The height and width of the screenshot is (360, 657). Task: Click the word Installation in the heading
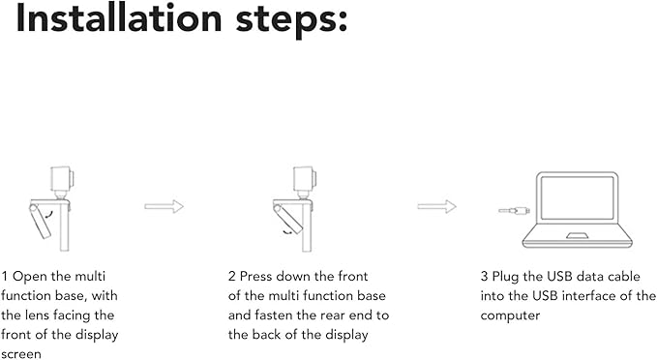pos(119,18)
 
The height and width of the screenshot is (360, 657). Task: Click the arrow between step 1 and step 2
pos(164,206)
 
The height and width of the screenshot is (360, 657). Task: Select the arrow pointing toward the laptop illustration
pos(436,206)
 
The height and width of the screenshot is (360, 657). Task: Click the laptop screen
pos(577,197)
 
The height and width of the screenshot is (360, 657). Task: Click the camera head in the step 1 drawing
pos(62,178)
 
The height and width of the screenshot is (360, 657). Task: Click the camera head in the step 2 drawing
pos(305,178)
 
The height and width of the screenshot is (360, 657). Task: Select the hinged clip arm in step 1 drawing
pos(40,221)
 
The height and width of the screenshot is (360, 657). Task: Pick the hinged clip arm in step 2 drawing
pos(287,219)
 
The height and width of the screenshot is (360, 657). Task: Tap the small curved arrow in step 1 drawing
pos(49,215)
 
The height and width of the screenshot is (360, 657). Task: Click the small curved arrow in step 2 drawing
pos(287,231)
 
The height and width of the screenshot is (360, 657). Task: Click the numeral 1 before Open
pos(5,277)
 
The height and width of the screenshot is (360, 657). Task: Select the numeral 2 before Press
pos(232,277)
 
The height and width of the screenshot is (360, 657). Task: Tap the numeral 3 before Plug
pos(485,277)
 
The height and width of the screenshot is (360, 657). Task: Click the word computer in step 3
pos(510,316)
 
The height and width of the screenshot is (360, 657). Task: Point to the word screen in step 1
pos(21,354)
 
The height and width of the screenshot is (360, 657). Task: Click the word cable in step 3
pos(624,277)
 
